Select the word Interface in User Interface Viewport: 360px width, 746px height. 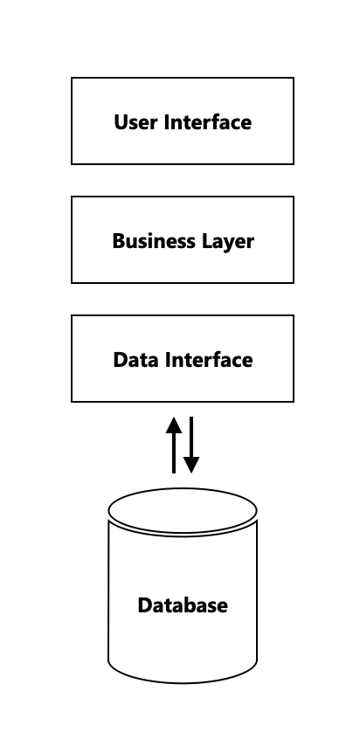tap(208, 121)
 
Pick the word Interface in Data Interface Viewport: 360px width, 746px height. tap(209, 359)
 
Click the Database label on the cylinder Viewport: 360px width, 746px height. tap(183, 605)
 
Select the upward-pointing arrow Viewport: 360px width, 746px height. tap(174, 446)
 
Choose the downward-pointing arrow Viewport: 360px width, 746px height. tap(191, 446)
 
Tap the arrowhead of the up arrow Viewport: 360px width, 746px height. tap(174, 425)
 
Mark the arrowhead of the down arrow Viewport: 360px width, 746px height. tap(191, 466)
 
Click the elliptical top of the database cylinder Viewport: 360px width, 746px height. tap(183, 488)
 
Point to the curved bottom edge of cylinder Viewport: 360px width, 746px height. tap(183, 683)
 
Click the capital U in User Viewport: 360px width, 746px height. tap(121, 122)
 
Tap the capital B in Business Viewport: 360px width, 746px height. tap(119, 241)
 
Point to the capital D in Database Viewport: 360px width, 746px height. tap(145, 605)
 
